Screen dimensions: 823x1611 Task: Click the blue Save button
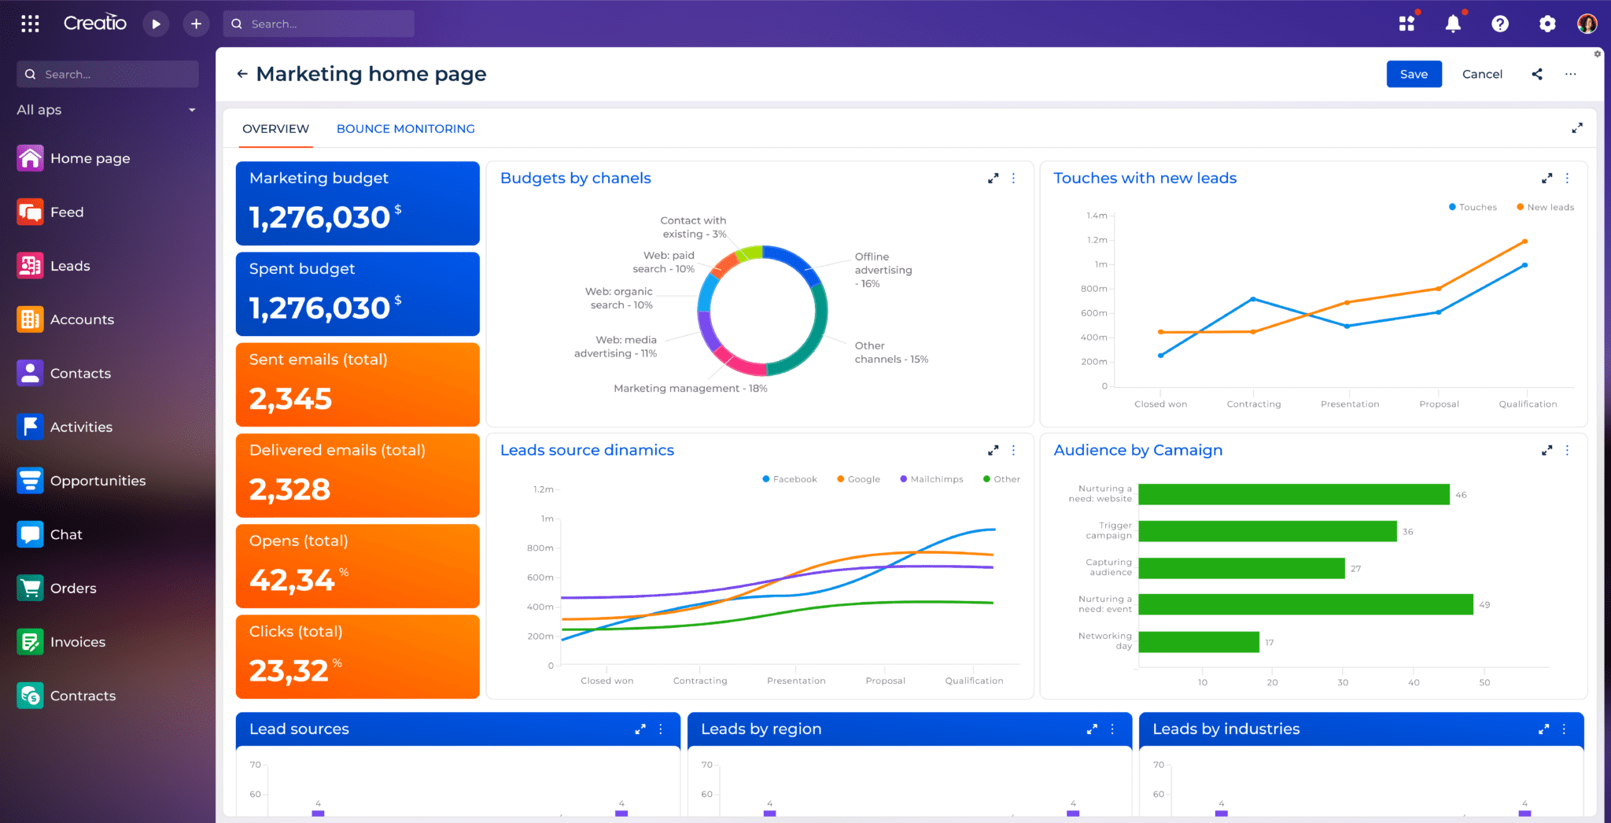tap(1414, 74)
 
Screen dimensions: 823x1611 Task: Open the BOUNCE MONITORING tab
tap(405, 129)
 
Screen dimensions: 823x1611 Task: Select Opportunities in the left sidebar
tap(98, 481)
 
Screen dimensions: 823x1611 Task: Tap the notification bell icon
tap(1453, 24)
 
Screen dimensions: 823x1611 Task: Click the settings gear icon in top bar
tap(1547, 24)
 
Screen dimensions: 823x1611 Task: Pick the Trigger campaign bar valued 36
tap(1267, 531)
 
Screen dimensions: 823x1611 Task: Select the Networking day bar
tap(1198, 642)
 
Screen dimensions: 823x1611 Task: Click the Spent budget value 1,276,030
tap(319, 308)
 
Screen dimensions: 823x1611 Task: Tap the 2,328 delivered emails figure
tap(289, 489)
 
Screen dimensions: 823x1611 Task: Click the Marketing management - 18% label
tap(690, 389)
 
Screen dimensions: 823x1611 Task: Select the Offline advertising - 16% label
tap(883, 270)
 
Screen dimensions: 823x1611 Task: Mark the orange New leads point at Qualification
tap(1524, 242)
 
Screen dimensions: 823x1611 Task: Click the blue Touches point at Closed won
tap(1161, 356)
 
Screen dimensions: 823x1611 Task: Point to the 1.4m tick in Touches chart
tap(1097, 216)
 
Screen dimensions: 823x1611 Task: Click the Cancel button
tap(1482, 74)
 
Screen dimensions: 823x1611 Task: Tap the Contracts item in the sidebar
tap(83, 696)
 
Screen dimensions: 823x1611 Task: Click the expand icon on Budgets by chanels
tap(994, 179)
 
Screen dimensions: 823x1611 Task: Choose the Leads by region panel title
tap(761, 729)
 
